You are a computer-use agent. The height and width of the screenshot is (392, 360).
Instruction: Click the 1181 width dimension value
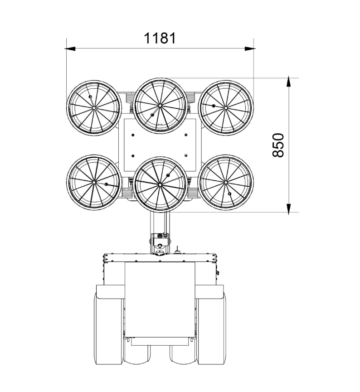[160, 38]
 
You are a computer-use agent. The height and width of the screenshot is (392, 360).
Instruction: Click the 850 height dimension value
[278, 145]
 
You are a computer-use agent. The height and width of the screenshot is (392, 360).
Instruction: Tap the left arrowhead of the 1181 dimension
[70, 49]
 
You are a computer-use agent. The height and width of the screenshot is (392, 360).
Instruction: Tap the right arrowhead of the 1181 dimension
[250, 49]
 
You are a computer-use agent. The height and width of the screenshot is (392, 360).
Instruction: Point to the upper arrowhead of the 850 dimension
[289, 82]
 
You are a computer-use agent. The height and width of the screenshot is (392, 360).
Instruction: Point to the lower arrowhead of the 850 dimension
[289, 209]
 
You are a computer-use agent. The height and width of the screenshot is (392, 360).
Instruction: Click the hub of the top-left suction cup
[94, 108]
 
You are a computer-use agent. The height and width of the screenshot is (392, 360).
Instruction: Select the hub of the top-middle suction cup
[160, 105]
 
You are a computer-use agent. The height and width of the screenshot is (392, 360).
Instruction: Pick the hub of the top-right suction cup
[225, 108]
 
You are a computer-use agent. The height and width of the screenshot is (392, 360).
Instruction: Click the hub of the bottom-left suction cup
[94, 183]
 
